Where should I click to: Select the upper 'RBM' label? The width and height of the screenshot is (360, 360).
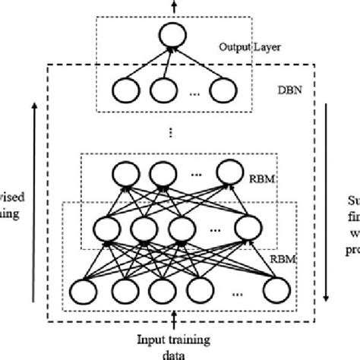pyautogui.click(x=264, y=182)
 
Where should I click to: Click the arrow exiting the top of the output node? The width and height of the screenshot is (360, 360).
pyautogui.click(x=173, y=6)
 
